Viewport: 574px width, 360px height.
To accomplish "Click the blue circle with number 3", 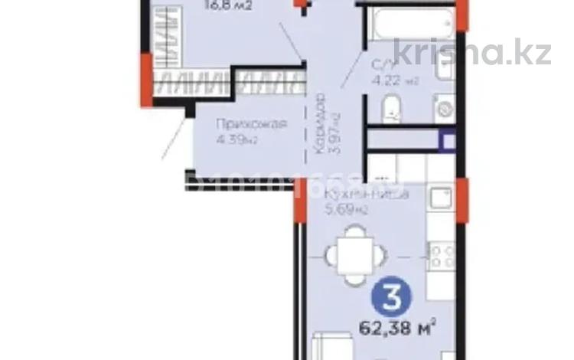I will (x=391, y=296).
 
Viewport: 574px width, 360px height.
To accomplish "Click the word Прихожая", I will (x=240, y=124).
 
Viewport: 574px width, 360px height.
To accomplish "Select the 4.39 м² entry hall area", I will (x=237, y=139).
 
